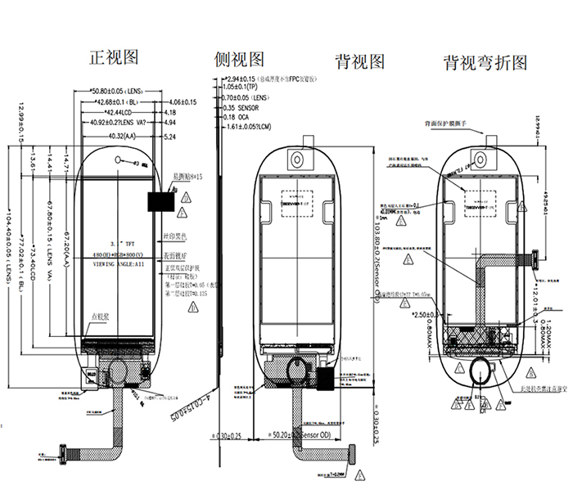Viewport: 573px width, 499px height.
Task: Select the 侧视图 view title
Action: coord(239,60)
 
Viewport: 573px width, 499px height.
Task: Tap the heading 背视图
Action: coord(359,61)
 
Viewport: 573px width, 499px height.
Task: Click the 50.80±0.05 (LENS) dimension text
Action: coord(122,91)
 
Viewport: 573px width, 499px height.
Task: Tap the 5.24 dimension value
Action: coord(170,136)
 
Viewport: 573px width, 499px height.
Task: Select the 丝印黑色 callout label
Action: coord(178,236)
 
